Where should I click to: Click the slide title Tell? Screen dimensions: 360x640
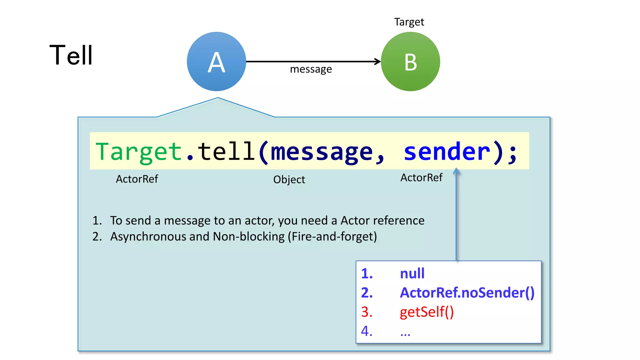[x=71, y=55]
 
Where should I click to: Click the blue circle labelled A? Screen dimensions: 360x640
[x=217, y=62]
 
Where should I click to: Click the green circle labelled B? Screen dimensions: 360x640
[x=410, y=62]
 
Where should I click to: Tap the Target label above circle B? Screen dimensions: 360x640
[x=409, y=22]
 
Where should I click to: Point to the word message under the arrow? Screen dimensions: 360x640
[x=311, y=69]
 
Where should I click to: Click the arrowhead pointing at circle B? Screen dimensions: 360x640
[x=378, y=62]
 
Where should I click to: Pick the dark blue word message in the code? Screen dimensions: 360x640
[x=322, y=152]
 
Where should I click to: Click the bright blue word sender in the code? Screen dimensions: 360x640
[x=447, y=152]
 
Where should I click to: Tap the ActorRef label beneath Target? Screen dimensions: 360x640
[x=137, y=179]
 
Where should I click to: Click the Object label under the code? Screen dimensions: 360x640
[x=289, y=180]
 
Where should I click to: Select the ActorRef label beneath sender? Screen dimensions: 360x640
[x=421, y=178]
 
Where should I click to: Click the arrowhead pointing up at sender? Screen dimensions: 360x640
[x=456, y=171]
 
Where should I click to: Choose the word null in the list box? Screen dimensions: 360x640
[x=412, y=273]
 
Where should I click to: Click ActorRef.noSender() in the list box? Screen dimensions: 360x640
[x=467, y=293]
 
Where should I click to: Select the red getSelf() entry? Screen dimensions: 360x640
[x=427, y=312]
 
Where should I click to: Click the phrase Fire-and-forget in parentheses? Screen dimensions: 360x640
[x=332, y=237]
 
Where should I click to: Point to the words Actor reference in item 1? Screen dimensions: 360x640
[x=382, y=221]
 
